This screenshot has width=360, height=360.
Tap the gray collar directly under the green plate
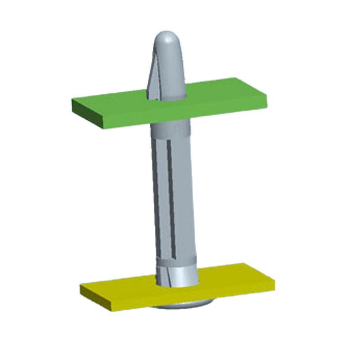pos(171,130)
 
